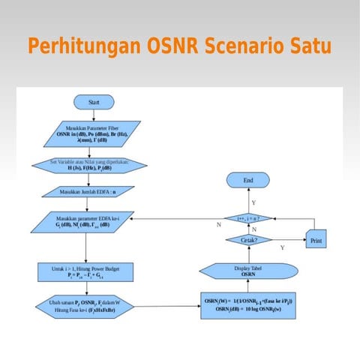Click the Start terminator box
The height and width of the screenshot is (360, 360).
coord(94,102)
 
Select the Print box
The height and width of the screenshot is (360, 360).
coord(316,241)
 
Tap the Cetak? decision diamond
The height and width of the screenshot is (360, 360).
coord(253,240)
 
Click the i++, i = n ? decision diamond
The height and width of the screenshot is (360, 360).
coord(253,218)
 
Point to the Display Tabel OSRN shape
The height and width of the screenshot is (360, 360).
coord(253,271)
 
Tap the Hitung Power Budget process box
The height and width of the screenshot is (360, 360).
coord(84,271)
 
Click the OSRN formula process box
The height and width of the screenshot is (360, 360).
coord(253,304)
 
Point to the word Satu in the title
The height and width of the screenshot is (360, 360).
coord(311,46)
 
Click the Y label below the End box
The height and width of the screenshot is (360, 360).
coord(253,202)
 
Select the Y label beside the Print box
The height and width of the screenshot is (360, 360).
coord(282,247)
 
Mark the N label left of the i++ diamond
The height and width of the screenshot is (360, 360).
coord(218,224)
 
